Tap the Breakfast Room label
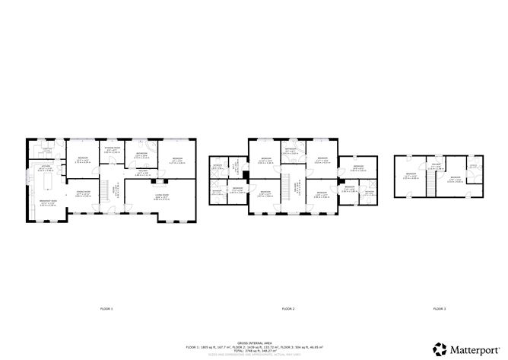click(46, 203)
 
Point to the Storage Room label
click(112, 150)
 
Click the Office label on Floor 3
click(471, 165)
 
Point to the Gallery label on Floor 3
click(437, 164)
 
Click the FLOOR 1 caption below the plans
click(106, 308)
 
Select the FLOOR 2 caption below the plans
click(288, 308)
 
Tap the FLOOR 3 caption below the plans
click(439, 308)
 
